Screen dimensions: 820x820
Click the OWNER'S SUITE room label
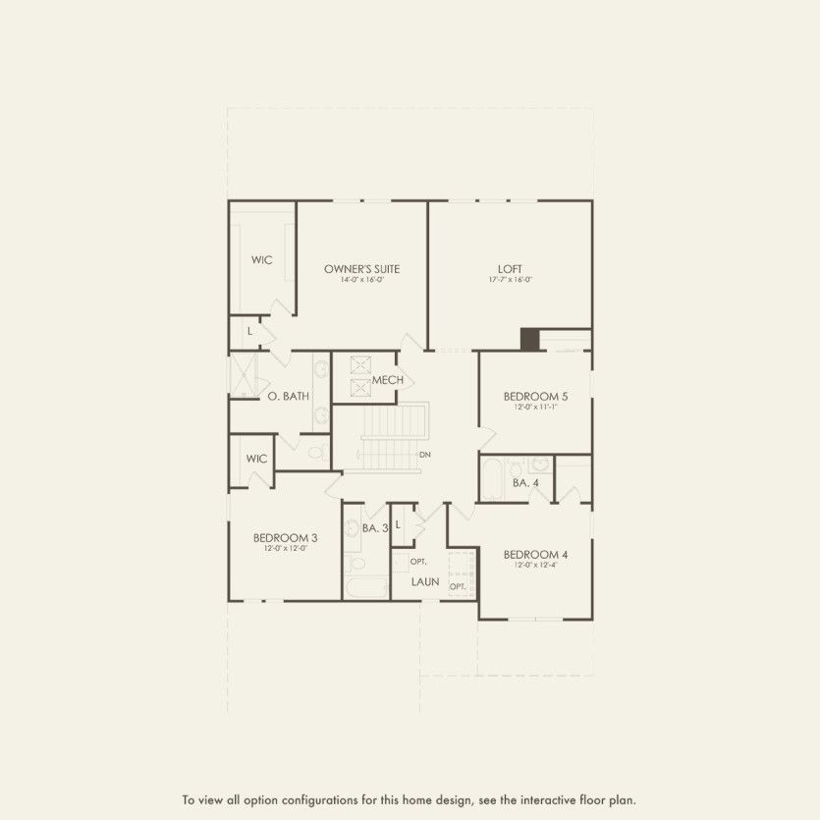[x=362, y=268]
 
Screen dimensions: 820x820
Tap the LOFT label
[x=510, y=268]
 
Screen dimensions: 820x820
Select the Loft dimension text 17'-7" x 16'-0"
[x=510, y=280]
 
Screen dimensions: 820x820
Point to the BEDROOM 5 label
[x=535, y=396]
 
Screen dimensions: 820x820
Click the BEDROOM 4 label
[x=535, y=554]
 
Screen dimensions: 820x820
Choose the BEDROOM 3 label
[x=285, y=537]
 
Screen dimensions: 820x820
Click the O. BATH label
[x=289, y=396]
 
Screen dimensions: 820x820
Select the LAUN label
[x=425, y=581]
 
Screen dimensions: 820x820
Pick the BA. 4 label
[x=525, y=482]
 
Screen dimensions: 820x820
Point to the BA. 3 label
[x=375, y=528]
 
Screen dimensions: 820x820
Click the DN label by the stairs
[x=425, y=455]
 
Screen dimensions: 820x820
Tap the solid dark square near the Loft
[x=530, y=339]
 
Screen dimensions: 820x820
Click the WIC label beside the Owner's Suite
[x=261, y=260]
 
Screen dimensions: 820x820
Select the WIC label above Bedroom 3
[x=257, y=459]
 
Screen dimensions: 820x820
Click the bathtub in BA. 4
[x=492, y=480]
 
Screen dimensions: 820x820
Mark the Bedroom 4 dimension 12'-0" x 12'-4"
[x=535, y=565]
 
